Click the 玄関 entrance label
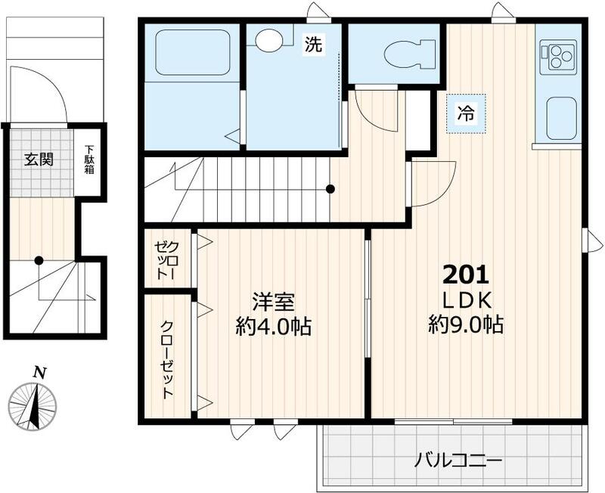pos(39,159)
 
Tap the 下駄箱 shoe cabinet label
pos(89,160)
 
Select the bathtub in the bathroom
pos(193,52)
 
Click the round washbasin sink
pos(270,39)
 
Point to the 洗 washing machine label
pos(313,44)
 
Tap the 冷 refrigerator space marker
pos(466,113)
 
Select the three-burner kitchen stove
pos(558,57)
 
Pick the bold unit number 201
pos(466,274)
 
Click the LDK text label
pos(467,301)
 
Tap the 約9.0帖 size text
pos(466,325)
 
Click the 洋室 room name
pos(273,302)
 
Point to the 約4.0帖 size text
pos(274,327)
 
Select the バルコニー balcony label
pos(458,460)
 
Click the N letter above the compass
pos(39,372)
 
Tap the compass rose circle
pos(33,407)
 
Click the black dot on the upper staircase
pos(330,189)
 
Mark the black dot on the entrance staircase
pos(39,261)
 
